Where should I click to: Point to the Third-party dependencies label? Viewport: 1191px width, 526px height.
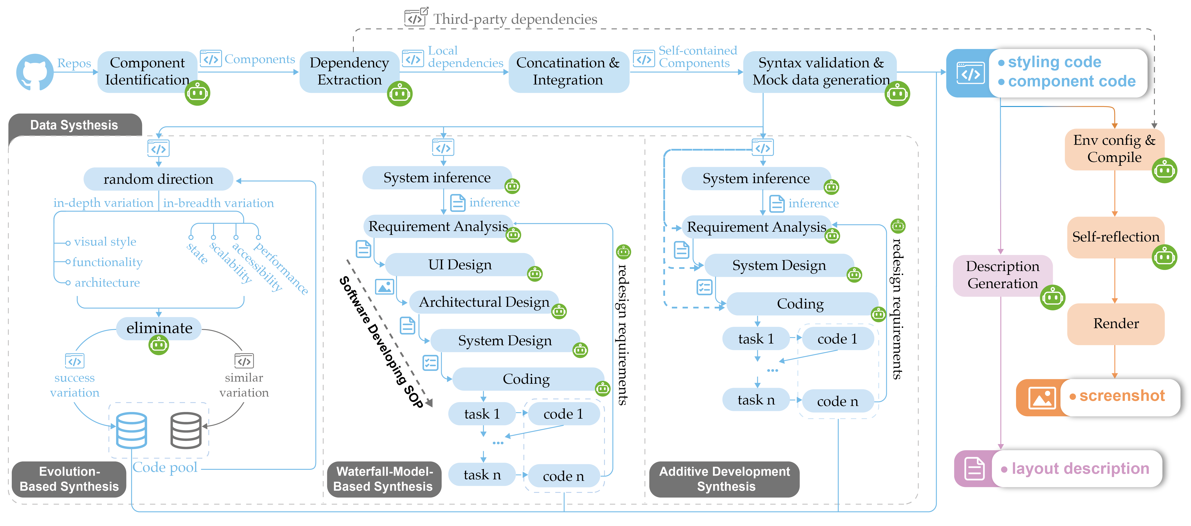pyautogui.click(x=515, y=19)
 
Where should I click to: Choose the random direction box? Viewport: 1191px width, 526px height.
pyautogui.click(x=158, y=179)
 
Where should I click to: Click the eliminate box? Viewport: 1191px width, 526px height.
pyautogui.click(x=159, y=328)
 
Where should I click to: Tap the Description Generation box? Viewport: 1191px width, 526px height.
pyautogui.click(x=1002, y=275)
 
